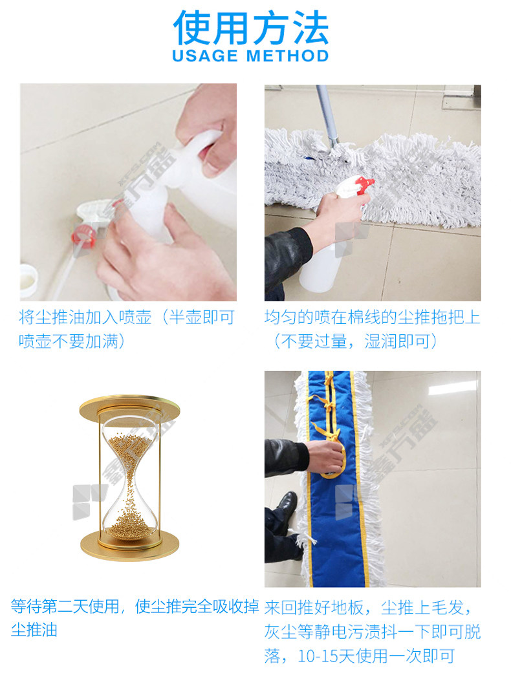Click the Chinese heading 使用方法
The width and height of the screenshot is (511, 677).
tap(251, 28)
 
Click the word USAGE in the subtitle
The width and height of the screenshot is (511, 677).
tap(205, 56)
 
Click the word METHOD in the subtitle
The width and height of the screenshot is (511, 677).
tap(288, 56)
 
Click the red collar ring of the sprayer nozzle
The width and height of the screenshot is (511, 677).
tap(83, 236)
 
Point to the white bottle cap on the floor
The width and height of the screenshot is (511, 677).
tap(28, 280)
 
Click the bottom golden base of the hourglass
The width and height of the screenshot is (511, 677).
tap(129, 545)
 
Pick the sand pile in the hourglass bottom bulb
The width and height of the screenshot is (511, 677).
tap(129, 522)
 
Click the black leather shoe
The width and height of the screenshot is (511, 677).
tap(285, 510)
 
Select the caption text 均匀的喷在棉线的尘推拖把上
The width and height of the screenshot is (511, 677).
tap(373, 317)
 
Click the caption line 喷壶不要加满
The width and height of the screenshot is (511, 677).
tap(69, 341)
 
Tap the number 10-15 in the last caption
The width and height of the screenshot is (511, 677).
tap(318, 656)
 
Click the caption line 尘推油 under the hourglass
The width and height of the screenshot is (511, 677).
tap(34, 630)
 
